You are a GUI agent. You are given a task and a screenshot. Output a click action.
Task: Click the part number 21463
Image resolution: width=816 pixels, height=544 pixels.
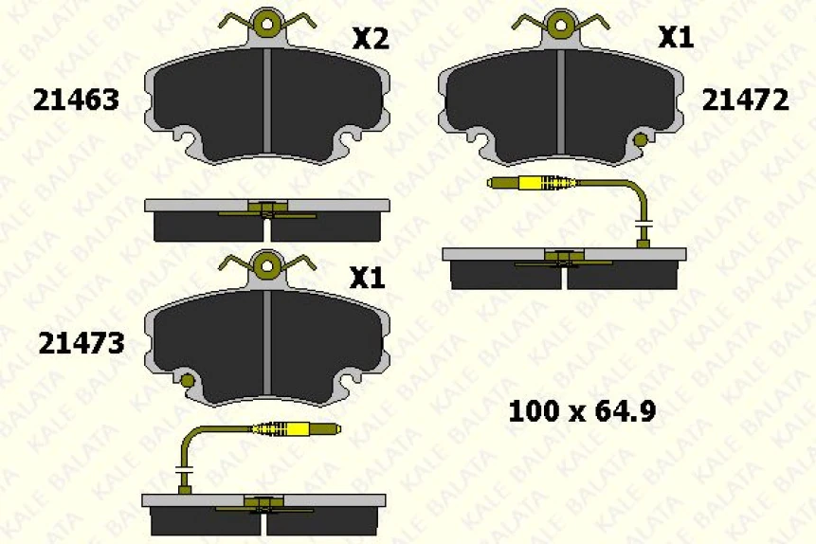coord(76,100)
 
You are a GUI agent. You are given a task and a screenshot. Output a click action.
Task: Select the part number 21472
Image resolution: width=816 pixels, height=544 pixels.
coord(745,100)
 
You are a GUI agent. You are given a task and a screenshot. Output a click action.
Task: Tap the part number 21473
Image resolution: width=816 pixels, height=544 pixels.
coord(81,343)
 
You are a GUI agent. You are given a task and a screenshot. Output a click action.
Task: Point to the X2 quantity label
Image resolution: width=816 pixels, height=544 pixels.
coord(371,39)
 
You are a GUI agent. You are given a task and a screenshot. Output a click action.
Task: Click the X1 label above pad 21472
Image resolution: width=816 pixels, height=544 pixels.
coord(676,38)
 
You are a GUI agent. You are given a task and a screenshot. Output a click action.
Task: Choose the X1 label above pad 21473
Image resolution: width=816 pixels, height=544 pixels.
coord(367,278)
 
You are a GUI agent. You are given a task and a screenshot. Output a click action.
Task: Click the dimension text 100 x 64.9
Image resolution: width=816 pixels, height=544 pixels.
coord(583,411)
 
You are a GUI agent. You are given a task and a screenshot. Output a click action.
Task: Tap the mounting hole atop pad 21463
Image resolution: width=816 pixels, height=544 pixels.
coord(267,24)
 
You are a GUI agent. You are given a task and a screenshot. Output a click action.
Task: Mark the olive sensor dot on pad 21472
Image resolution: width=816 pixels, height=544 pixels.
coord(641,141)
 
